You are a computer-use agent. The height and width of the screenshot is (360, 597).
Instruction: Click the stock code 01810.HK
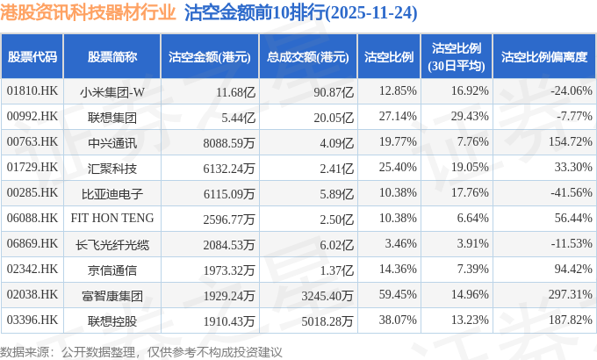coord(32,90)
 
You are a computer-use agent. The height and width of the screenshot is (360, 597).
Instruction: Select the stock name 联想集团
coord(112,116)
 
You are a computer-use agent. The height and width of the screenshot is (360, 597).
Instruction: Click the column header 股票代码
coord(32,57)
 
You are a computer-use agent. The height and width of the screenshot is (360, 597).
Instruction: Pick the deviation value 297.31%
coord(570,294)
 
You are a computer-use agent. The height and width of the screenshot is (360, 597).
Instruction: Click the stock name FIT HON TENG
coord(112,218)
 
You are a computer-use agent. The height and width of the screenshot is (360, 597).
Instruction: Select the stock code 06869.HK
coord(32,243)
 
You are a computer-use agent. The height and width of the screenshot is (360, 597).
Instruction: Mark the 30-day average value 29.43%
coord(465,116)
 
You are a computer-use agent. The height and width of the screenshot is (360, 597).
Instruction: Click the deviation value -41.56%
coord(570,192)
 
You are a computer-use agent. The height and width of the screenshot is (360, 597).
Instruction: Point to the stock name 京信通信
coord(112,269)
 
